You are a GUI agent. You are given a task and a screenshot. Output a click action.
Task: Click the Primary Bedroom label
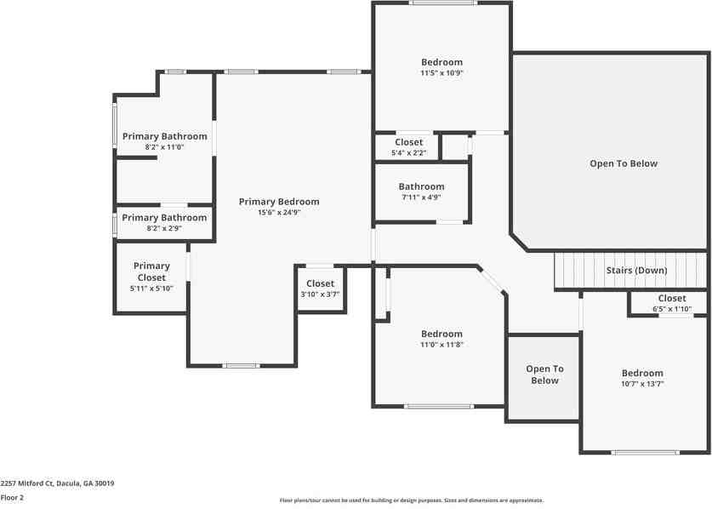[279, 202]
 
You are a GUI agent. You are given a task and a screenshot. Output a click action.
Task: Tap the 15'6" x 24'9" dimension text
[279, 212]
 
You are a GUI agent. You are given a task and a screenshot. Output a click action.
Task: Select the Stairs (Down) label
[636, 271]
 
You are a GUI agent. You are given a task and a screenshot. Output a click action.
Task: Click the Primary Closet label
[151, 272]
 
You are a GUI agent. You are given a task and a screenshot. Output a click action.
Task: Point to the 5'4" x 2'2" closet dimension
[408, 153]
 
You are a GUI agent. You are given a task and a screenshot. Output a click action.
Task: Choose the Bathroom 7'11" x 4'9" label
[421, 186]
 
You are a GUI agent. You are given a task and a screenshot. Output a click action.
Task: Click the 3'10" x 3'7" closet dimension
[320, 295]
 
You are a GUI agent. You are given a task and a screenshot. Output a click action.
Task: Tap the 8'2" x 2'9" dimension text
[164, 228]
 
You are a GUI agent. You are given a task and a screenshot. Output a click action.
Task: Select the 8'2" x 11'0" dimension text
[164, 147]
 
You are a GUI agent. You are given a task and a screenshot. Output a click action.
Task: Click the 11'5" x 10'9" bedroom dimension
[441, 72]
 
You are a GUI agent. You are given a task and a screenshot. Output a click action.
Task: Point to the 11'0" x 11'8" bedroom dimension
[441, 345]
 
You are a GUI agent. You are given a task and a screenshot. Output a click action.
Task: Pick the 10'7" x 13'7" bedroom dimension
[642, 384]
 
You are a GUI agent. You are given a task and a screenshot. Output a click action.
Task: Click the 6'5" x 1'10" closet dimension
[672, 309]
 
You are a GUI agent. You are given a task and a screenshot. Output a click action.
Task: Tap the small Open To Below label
[544, 375]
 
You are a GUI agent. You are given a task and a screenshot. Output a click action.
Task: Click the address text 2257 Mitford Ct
[26, 483]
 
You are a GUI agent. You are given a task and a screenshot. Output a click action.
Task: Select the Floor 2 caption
[12, 497]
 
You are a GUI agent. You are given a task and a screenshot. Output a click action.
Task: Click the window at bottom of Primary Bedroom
[241, 365]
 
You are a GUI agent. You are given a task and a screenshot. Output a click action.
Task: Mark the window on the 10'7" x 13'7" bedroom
[646, 452]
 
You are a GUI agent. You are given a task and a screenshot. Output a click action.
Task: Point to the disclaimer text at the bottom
[412, 500]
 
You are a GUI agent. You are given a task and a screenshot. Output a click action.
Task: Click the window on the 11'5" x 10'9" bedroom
[442, 3]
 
